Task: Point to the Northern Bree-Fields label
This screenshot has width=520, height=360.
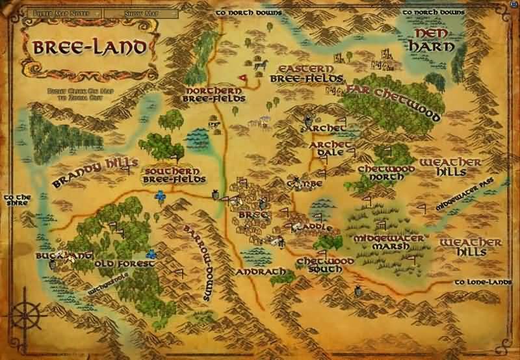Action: tap(215, 95)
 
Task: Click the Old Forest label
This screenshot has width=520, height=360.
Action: tap(124, 264)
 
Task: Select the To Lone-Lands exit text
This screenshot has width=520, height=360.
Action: tap(482, 282)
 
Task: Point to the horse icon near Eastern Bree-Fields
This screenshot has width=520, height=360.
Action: tap(261, 65)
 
